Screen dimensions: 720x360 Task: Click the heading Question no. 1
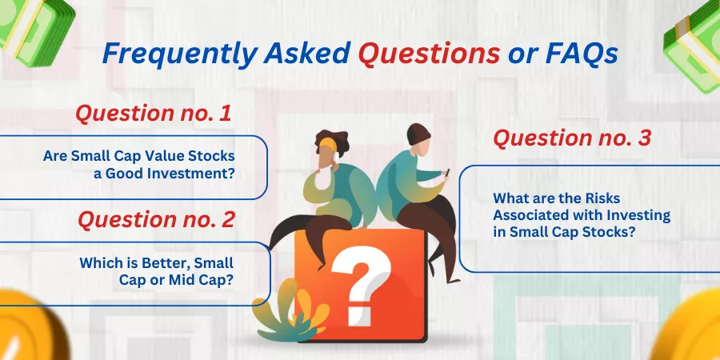(x=154, y=114)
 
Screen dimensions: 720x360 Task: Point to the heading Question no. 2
(x=156, y=219)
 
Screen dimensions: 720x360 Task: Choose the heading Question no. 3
(x=572, y=138)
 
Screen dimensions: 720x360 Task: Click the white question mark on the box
(x=361, y=285)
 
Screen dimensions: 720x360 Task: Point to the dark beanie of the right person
(x=418, y=134)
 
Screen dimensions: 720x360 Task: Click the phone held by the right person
(x=447, y=173)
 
